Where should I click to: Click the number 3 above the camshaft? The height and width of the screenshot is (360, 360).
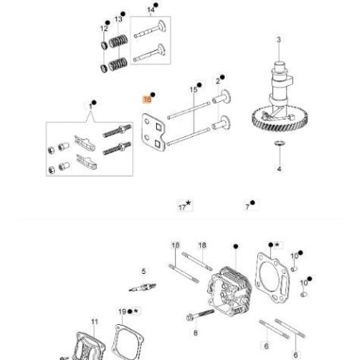[x=279, y=39]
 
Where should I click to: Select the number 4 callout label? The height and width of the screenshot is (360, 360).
[x=279, y=170]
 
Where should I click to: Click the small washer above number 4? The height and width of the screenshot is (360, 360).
[x=279, y=144]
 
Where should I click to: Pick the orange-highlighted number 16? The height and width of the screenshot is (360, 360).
[x=147, y=100]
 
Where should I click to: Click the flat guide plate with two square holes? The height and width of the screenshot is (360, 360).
[x=155, y=131]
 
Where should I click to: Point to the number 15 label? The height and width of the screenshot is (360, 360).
[x=194, y=88]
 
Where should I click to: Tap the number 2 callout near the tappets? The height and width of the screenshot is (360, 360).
[x=217, y=81]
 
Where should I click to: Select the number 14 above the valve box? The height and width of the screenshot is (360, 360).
[x=151, y=10]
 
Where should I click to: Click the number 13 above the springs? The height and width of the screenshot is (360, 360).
[x=119, y=18]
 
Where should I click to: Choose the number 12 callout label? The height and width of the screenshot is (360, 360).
[x=104, y=29]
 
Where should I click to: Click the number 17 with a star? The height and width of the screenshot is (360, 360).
[x=182, y=206]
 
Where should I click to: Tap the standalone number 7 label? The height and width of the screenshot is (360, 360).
[x=248, y=205]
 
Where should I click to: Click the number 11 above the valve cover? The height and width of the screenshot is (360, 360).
[x=95, y=323]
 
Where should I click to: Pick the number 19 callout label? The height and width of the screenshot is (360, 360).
[x=122, y=311]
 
